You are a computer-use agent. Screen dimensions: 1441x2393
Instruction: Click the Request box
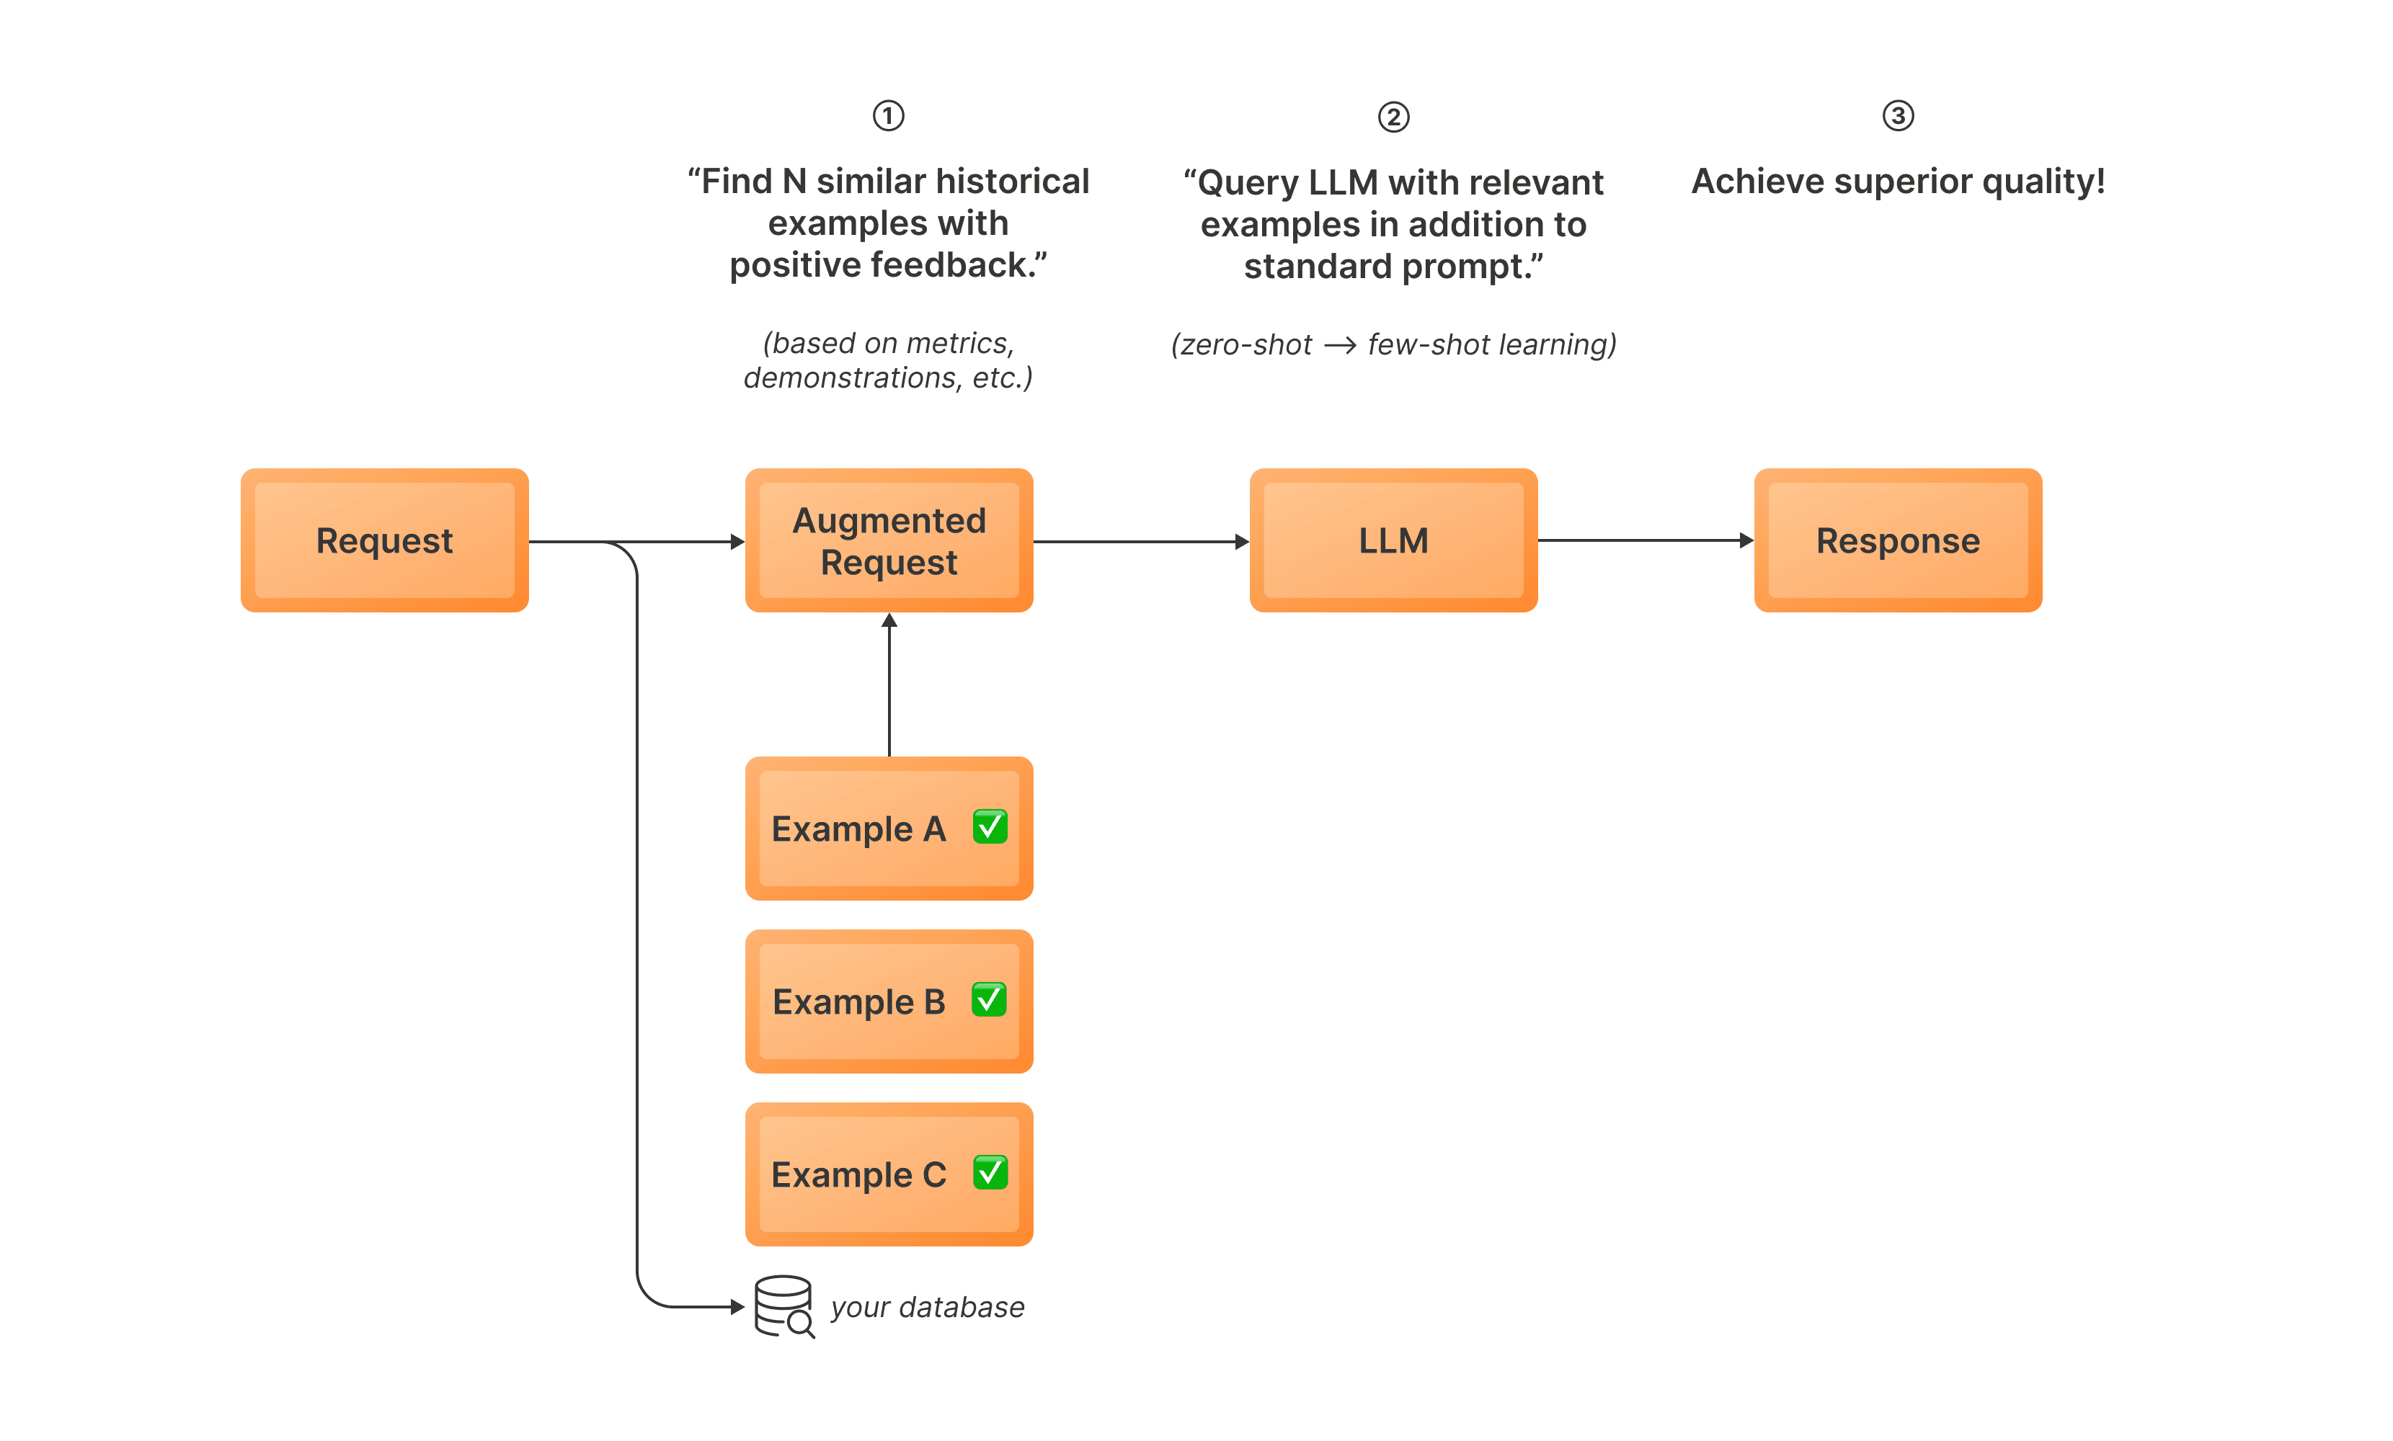(x=385, y=541)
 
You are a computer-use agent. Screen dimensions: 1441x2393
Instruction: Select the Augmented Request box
(x=889, y=541)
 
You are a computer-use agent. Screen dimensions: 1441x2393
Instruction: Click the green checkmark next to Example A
(x=990, y=826)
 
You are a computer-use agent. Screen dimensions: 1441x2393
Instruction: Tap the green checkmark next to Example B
(x=989, y=999)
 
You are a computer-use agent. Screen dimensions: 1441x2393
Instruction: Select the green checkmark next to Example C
(x=990, y=1172)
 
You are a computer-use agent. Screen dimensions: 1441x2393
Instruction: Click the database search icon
(x=783, y=1306)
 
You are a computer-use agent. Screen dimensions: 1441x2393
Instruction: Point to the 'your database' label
(x=928, y=1307)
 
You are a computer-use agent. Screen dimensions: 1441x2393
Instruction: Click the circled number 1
(x=888, y=115)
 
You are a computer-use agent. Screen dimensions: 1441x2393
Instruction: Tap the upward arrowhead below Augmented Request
(x=889, y=620)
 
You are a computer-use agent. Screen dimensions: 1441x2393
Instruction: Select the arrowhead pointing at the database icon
(x=737, y=1307)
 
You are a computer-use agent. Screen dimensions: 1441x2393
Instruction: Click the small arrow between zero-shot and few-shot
(x=1339, y=344)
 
